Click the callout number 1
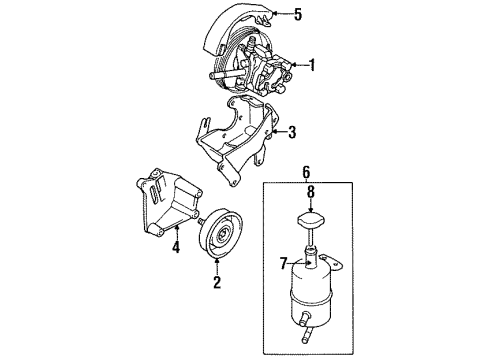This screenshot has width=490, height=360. (x=314, y=67)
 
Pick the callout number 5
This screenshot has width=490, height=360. (x=296, y=14)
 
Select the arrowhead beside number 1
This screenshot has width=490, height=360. (x=294, y=67)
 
